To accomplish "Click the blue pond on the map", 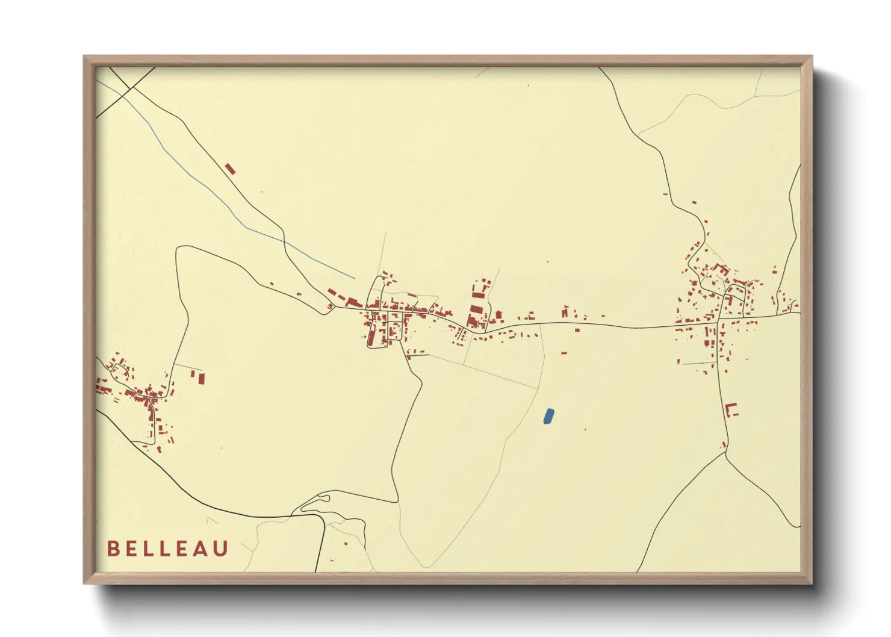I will point(548,416).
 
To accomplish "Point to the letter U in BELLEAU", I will point(221,548).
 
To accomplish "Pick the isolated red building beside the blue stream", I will point(229,169).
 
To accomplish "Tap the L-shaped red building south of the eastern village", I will point(731,409).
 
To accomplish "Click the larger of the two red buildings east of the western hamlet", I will point(202,378).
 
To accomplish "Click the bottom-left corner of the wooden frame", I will point(85,582).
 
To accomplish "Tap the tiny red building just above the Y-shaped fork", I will point(724,445).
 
